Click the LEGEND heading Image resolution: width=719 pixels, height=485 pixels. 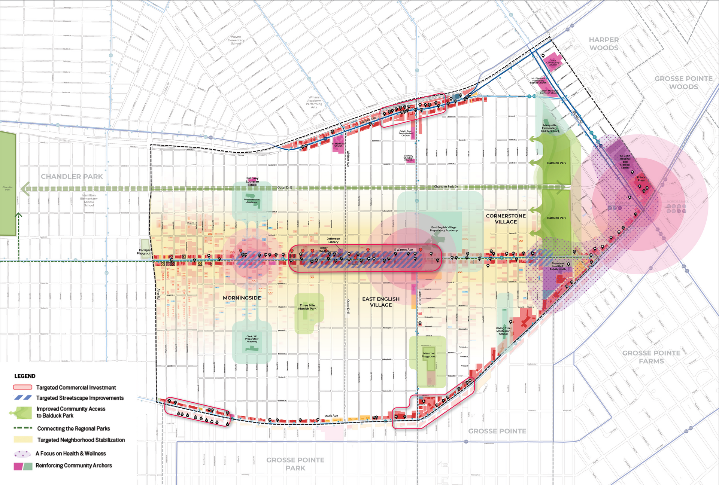25,376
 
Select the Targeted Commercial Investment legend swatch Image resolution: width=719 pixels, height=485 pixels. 22,387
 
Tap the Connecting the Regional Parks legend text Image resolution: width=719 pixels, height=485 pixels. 73,428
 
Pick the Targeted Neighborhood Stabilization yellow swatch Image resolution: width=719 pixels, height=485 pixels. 22,440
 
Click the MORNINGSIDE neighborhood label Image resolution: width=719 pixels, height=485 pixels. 242,298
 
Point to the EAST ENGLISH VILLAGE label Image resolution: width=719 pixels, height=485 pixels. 381,302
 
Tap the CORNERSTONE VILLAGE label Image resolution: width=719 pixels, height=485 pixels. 506,219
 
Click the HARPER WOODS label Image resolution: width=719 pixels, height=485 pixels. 604,44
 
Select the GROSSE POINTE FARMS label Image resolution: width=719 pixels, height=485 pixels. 651,357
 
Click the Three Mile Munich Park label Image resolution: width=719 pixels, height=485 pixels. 307,307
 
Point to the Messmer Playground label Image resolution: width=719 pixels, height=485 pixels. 429,355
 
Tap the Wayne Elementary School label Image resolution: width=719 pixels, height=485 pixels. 236,40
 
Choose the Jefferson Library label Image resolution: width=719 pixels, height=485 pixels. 333,240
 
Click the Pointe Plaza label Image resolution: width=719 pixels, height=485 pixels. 641,179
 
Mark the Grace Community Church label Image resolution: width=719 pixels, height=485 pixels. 553,62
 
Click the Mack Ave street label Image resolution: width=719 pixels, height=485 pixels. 331,416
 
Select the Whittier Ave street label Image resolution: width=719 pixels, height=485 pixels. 348,159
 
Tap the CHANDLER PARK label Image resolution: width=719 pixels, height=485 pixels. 72,177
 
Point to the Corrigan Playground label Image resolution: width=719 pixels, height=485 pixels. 145,251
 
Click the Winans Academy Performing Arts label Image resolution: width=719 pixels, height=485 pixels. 314,102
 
